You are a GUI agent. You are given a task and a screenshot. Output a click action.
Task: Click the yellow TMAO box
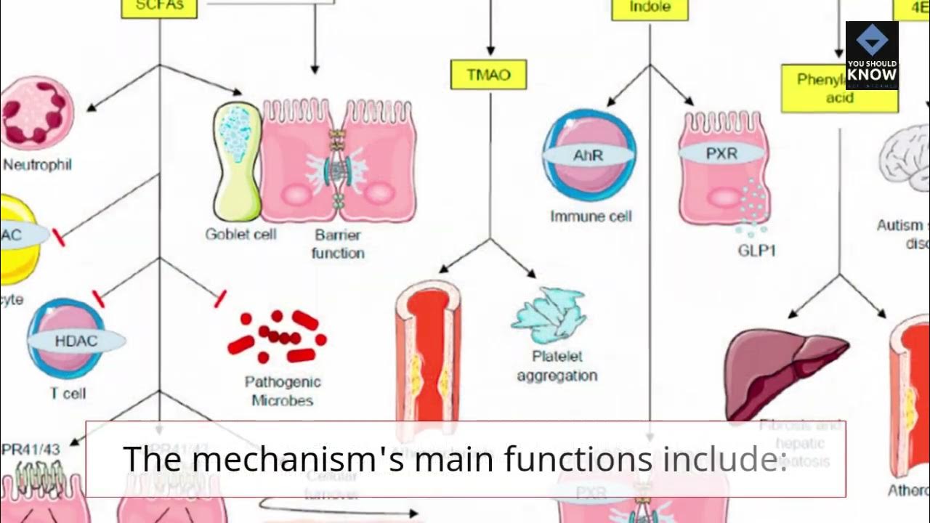coord(488,75)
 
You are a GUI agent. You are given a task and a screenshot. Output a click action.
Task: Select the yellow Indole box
coord(650,9)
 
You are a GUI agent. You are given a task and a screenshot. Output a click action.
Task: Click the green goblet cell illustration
coord(237,161)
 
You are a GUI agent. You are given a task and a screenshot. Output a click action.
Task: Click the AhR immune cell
coord(589,155)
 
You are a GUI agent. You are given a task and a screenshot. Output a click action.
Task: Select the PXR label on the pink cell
coord(721,155)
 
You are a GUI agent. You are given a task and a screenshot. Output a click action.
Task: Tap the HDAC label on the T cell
coord(76,341)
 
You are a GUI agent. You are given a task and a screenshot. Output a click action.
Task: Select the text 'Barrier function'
coord(338,244)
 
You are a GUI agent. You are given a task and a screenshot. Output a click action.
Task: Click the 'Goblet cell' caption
coord(240,235)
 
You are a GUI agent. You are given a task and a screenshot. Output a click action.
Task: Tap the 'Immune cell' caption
coord(591,216)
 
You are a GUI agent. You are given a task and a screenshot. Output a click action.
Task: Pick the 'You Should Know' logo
coord(872,55)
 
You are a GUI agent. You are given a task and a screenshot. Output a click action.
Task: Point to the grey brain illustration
coord(905,156)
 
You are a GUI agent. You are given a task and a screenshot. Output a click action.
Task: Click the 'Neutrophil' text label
coord(38,165)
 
